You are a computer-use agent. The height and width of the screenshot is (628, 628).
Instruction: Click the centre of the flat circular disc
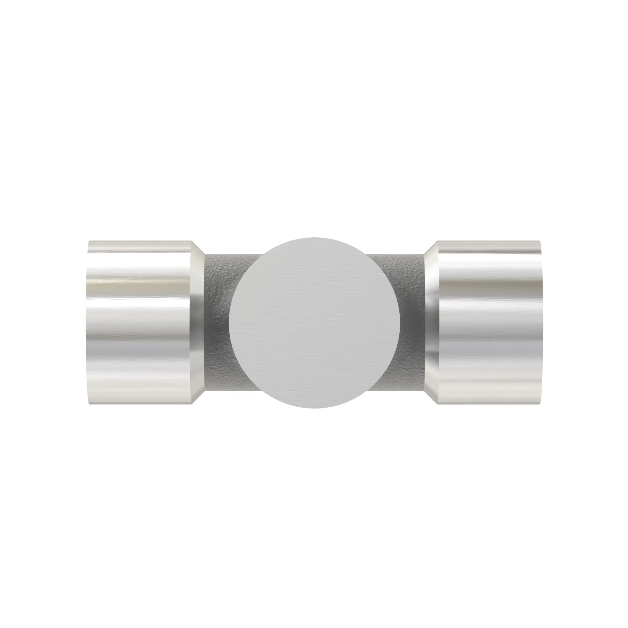[x=314, y=322]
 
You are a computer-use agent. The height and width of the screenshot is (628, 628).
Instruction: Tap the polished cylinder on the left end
[x=139, y=322]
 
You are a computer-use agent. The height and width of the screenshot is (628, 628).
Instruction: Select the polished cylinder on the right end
[x=489, y=322]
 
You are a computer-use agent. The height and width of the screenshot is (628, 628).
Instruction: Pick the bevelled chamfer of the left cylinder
[x=198, y=322]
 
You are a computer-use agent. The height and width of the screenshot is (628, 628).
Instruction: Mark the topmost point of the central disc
[x=314, y=237]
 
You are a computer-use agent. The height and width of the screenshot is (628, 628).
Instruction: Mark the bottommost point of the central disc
[x=314, y=408]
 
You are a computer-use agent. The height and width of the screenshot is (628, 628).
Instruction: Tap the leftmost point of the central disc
[x=229, y=322]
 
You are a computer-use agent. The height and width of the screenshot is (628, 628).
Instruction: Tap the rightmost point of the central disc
[x=400, y=322]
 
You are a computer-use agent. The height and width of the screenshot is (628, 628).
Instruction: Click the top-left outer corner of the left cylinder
[x=89, y=241]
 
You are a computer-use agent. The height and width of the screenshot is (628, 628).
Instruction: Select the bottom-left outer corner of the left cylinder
[x=89, y=404]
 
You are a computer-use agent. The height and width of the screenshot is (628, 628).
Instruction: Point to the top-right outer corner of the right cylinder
[x=540, y=241]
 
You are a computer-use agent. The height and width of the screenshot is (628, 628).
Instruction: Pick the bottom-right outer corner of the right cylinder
[x=540, y=404]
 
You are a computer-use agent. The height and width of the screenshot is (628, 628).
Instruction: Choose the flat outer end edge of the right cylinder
[x=542, y=322]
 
